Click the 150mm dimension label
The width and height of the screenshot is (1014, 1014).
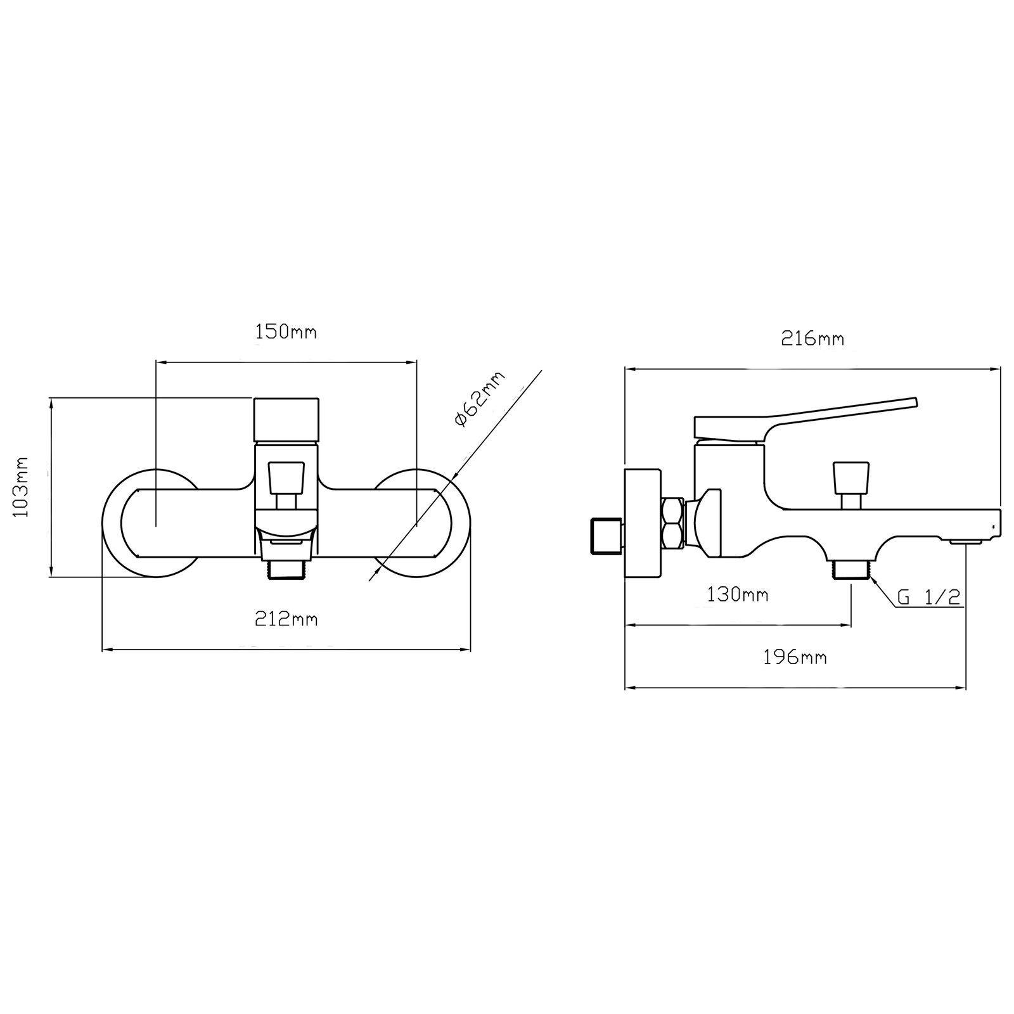(x=286, y=332)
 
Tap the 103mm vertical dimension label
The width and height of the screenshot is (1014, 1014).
(x=22, y=487)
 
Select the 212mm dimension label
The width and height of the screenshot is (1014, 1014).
(x=286, y=619)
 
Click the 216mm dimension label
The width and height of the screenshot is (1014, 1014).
(x=812, y=339)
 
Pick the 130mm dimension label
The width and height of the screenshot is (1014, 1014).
(x=737, y=595)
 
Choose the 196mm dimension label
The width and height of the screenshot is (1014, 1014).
(x=795, y=658)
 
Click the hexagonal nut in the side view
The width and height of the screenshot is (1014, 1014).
(x=672, y=523)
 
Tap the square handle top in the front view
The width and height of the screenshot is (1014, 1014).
(x=286, y=420)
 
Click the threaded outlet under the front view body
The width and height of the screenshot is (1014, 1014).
(x=286, y=568)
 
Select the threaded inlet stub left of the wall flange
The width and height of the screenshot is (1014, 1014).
(x=605, y=535)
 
